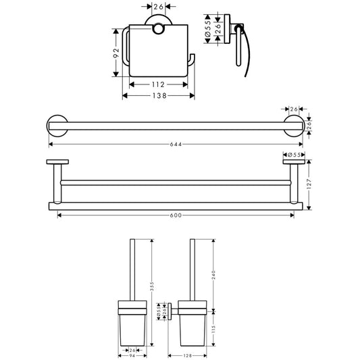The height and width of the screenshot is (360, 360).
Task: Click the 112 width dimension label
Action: pyautogui.click(x=158, y=84)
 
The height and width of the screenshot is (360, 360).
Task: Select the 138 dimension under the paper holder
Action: pyautogui.click(x=159, y=95)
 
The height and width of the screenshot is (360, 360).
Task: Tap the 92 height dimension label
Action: pyautogui.click(x=116, y=53)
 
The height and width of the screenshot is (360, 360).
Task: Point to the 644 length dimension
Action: pyautogui.click(x=176, y=144)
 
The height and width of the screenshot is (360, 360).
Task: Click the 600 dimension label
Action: pyautogui.click(x=176, y=215)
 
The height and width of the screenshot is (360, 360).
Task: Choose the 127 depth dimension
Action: pyautogui.click(x=309, y=184)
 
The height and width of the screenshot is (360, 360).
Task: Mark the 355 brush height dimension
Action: pyautogui.click(x=151, y=286)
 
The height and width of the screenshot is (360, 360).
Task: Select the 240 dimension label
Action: pyautogui.click(x=213, y=275)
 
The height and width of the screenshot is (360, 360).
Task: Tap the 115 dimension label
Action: pyautogui.click(x=213, y=329)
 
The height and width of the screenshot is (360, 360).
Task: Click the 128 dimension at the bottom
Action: pyautogui.click(x=188, y=356)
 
